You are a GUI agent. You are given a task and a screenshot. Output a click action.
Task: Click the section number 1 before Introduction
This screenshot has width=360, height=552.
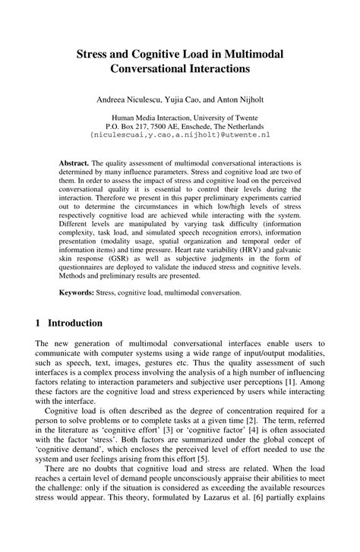pyautogui.click(x=39, y=322)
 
